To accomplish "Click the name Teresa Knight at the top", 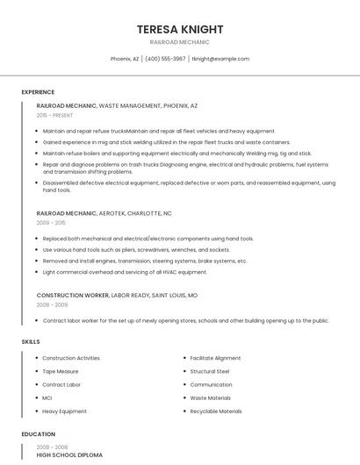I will tap(180, 29).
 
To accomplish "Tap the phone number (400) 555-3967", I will tap(165, 59).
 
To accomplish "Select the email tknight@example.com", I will tap(220, 59).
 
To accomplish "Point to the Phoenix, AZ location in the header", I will tap(125, 59).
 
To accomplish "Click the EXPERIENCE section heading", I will tap(38, 92).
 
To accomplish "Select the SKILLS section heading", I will tap(31, 341).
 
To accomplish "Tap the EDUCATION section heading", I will tap(39, 434).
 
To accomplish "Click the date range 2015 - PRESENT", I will tap(54, 115).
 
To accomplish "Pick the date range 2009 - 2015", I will tap(51, 223).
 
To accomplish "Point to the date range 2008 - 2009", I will tap(51, 305).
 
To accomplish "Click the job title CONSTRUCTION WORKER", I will tap(71, 296).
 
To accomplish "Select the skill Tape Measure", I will tap(61, 371).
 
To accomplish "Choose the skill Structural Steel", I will tap(210, 371).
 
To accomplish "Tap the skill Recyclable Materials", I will tap(216, 411).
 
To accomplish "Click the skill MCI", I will tap(47, 397).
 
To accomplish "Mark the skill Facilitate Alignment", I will tap(215, 358).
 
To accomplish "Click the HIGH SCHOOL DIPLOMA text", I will tap(69, 455).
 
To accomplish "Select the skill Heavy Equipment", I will tap(64, 411).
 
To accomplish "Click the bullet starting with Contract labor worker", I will tap(185, 320).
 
